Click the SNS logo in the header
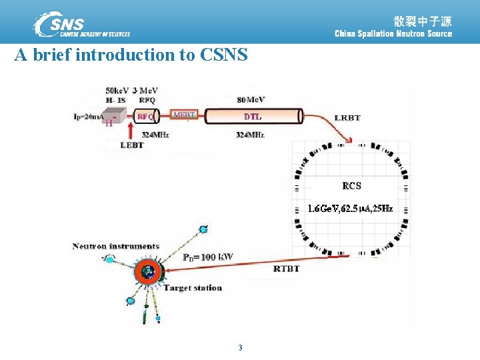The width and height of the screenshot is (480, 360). point(81,24)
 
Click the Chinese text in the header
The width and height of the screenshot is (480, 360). point(422,20)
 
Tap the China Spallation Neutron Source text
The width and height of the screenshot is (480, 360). point(393,34)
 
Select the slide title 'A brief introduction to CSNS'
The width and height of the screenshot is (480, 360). point(131,55)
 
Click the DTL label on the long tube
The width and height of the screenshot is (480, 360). point(253,117)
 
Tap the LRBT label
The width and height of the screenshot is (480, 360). point(347,118)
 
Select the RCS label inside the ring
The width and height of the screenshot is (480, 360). point(352,185)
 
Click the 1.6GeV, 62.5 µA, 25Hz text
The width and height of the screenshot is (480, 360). point(350,209)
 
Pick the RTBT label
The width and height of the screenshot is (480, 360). point(287,269)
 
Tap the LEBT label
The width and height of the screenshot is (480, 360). point(132,145)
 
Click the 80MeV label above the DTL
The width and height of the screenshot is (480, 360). point(251,100)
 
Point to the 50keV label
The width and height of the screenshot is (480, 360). point(117,91)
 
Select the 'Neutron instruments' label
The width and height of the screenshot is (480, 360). point(116,247)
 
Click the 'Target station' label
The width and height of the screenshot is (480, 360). point(193,288)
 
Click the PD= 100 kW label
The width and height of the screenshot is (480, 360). point(208,257)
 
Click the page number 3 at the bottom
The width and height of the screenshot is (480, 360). point(240,347)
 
